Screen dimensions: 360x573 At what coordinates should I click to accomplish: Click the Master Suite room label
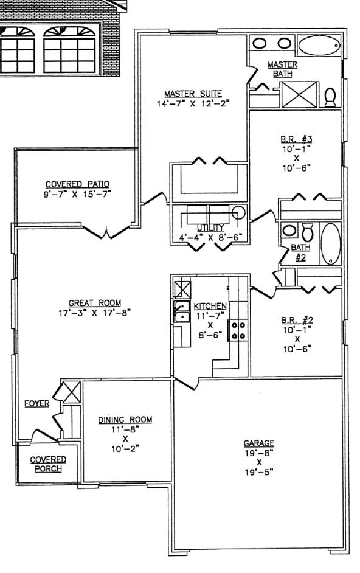tap(193, 94)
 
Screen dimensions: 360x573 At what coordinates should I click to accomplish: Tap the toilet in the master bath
tap(330, 97)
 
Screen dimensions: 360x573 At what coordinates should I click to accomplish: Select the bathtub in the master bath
tap(319, 45)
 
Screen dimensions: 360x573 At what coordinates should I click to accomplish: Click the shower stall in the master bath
tap(299, 95)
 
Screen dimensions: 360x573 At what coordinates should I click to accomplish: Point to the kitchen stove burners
tap(238, 330)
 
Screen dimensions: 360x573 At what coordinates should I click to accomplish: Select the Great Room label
tap(95, 303)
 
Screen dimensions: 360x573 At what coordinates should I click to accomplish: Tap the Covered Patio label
tap(77, 184)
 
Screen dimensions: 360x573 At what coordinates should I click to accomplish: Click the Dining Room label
tap(125, 420)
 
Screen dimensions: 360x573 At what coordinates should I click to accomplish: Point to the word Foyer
tap(37, 403)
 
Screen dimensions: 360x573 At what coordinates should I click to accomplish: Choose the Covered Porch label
tap(48, 464)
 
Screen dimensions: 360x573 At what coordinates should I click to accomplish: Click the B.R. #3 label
tap(296, 139)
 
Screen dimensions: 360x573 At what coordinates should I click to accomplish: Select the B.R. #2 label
tap(297, 320)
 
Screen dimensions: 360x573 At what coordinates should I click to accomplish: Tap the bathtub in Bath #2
tap(331, 244)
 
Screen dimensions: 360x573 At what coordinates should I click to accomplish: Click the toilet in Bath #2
tap(307, 231)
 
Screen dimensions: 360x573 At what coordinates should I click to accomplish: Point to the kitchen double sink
tap(181, 311)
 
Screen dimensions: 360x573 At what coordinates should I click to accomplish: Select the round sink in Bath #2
tap(289, 231)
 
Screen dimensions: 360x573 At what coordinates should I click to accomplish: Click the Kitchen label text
tap(210, 306)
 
